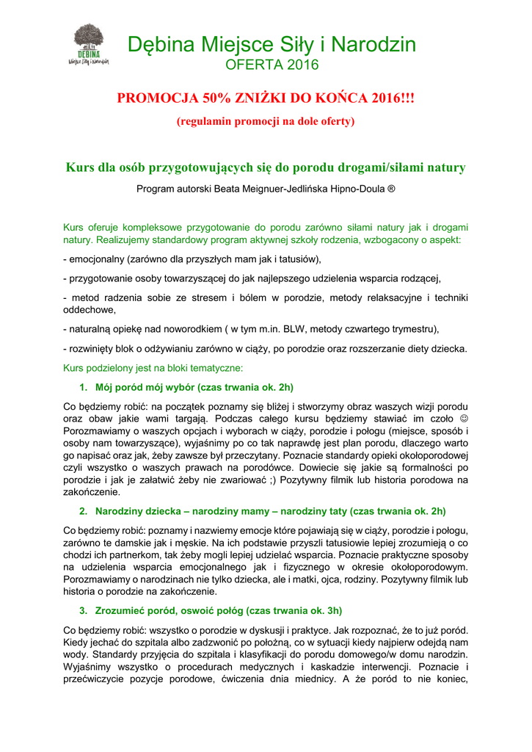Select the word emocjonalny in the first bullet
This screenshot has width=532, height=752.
[95, 259]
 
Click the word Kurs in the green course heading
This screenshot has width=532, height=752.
[79, 167]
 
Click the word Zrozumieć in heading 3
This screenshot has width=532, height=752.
[118, 611]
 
